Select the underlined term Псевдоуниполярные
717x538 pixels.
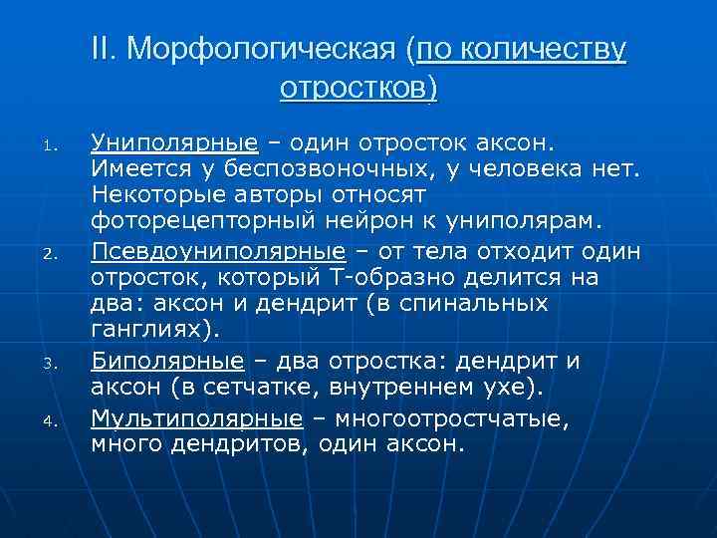click(x=218, y=249)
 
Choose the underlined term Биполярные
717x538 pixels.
click(x=166, y=360)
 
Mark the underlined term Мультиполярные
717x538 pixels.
click(x=196, y=416)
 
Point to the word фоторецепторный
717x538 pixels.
click(x=198, y=223)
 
